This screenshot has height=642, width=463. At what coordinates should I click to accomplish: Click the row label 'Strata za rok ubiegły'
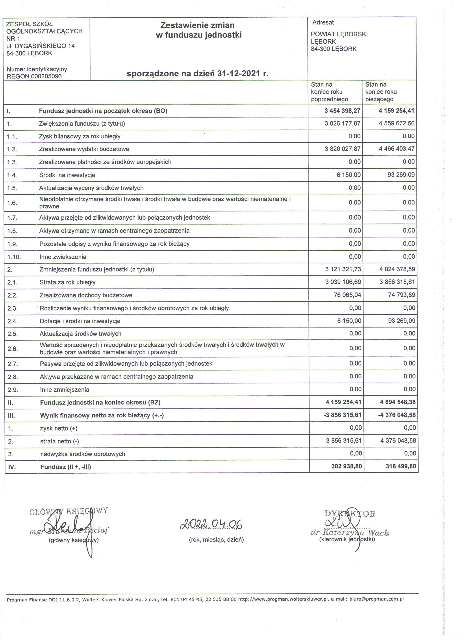pyautogui.click(x=67, y=282)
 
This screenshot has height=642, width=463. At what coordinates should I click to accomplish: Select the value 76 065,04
pyautogui.click(x=347, y=295)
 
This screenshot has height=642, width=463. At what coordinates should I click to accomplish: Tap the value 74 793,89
pyautogui.click(x=401, y=295)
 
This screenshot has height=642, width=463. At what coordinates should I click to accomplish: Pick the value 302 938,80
pyautogui.click(x=347, y=466)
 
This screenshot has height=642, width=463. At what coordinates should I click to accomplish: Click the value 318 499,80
pyautogui.click(x=401, y=466)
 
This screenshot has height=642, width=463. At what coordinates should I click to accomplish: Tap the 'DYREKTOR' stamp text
pyautogui.click(x=350, y=514)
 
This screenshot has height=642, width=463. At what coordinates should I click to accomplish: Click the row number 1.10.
pyautogui.click(x=14, y=257)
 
